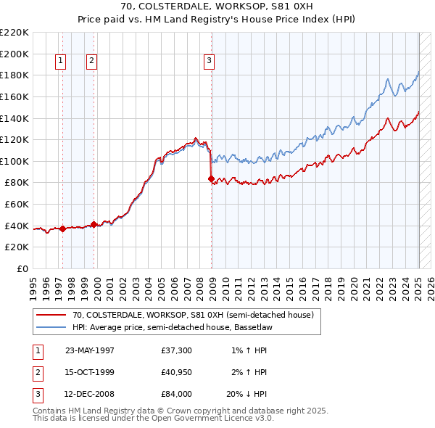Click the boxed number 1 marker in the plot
click(60, 62)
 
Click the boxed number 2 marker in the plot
click(92, 62)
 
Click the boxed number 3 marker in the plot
click(209, 62)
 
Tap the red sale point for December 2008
click(211, 178)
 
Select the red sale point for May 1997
click(62, 229)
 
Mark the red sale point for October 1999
click(94, 225)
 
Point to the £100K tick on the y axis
click(15, 161)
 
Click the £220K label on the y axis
click(15, 33)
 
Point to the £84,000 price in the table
click(177, 394)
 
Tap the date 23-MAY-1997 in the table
click(90, 350)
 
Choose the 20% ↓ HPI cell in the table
click(247, 394)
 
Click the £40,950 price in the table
click(177, 372)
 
